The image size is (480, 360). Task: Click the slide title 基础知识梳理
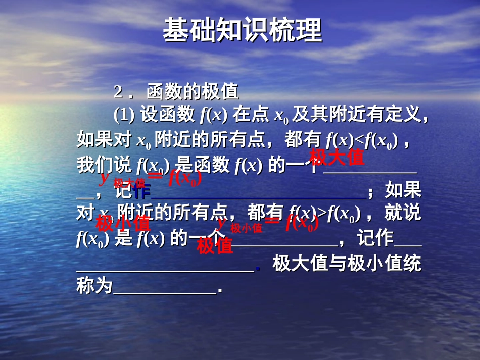coord(242,31)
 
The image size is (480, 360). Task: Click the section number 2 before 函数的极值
coord(119,92)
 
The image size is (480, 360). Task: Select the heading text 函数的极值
coord(193,92)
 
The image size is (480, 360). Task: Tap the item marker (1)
coord(124,116)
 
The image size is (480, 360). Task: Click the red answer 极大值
coord(337,158)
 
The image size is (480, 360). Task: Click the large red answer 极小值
coord(123,222)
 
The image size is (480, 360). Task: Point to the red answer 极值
coord(215,246)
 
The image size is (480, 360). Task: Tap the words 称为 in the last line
coord(94,287)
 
